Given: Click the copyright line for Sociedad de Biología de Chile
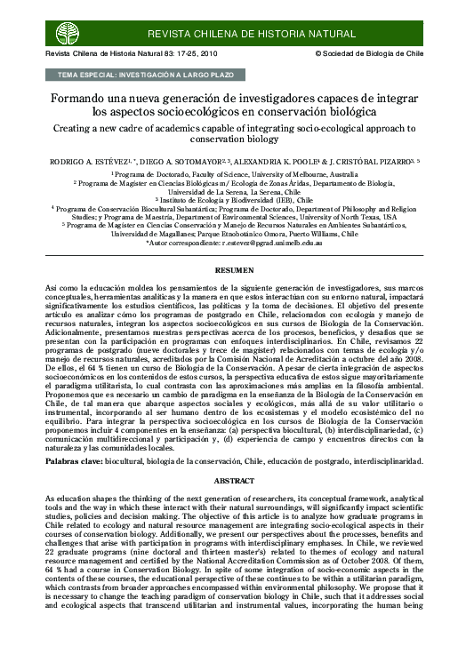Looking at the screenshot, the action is click(x=374, y=55).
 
